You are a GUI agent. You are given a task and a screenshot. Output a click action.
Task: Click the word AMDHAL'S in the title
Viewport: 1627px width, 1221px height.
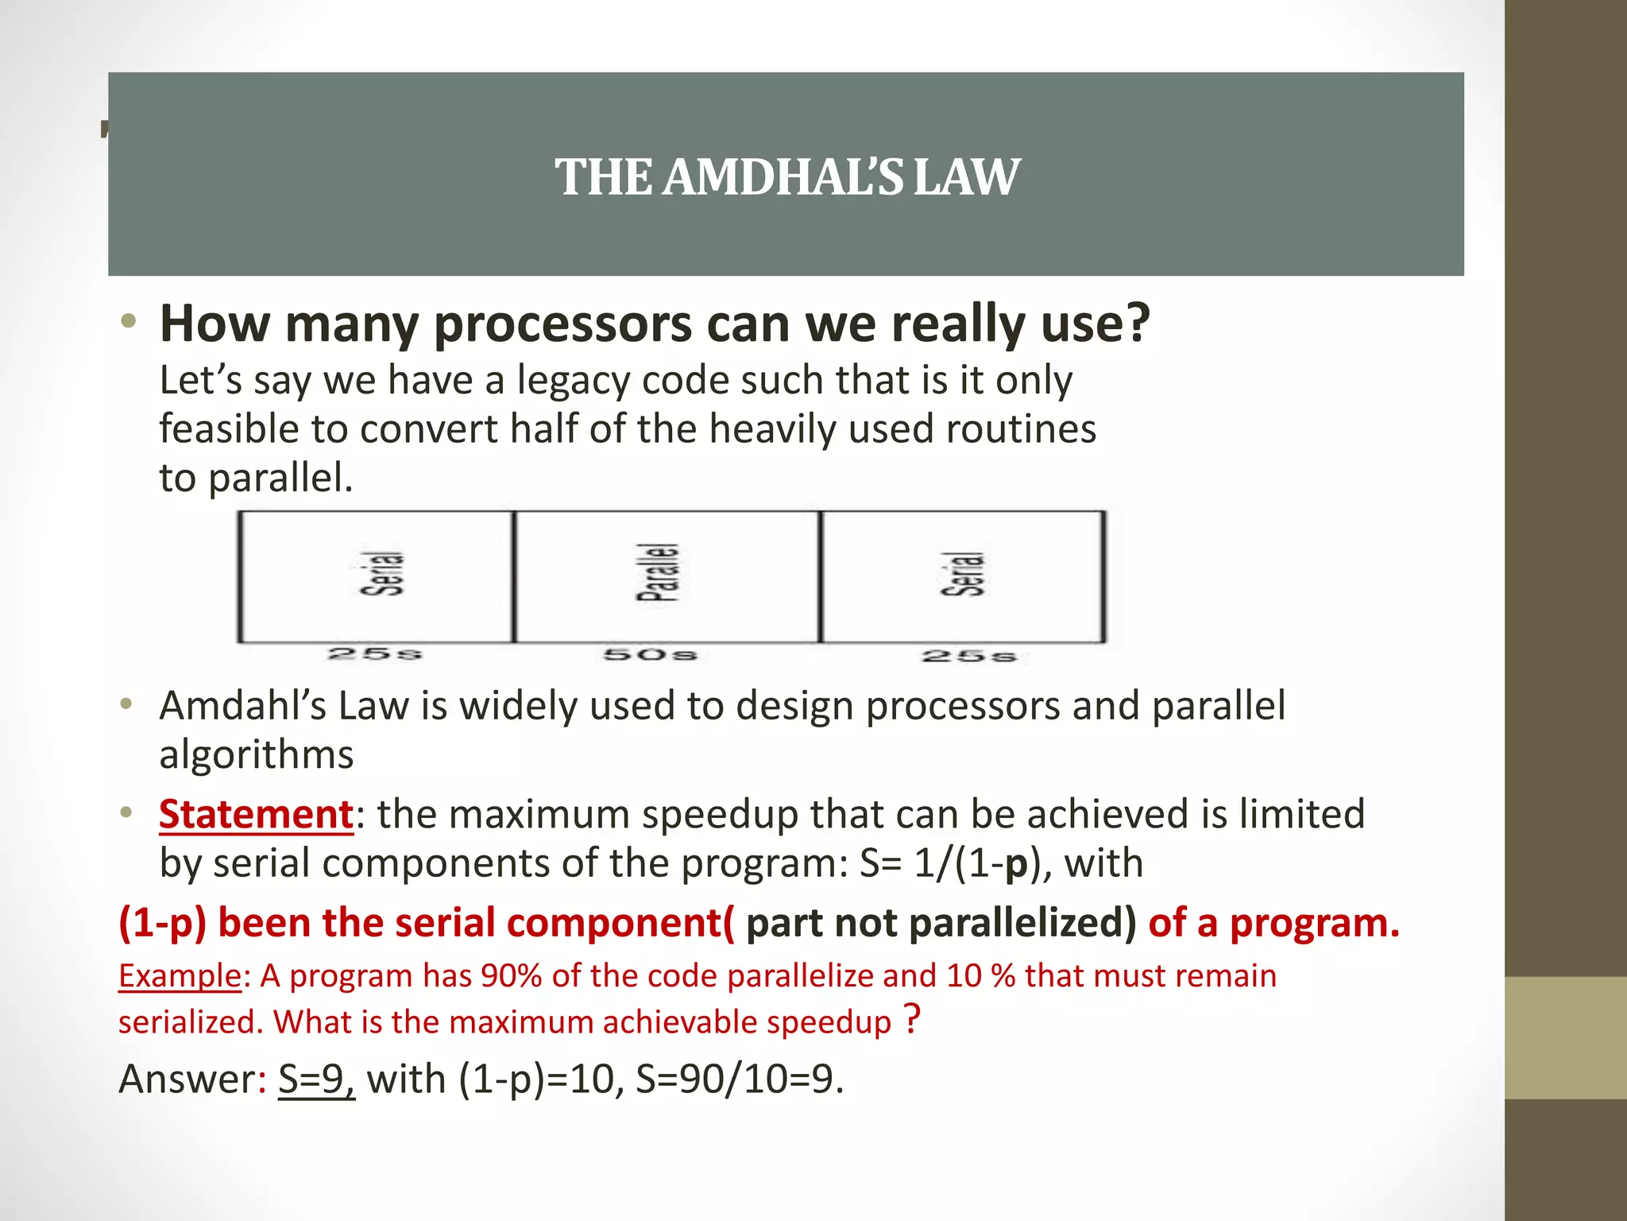[x=783, y=176]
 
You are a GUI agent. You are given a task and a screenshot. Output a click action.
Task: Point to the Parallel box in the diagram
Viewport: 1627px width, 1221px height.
[x=667, y=576]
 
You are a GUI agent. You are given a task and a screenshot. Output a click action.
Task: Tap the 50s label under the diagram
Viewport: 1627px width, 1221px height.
[x=650, y=655]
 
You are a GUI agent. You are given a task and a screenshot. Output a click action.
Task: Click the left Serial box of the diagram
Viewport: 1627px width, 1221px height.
[x=376, y=576]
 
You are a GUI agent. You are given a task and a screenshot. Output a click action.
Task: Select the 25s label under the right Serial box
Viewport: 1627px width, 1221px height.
[x=969, y=657]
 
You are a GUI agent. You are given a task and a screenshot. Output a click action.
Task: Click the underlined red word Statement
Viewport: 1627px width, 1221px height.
[x=256, y=814]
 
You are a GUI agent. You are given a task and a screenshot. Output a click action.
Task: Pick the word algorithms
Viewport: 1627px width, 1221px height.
[x=256, y=754]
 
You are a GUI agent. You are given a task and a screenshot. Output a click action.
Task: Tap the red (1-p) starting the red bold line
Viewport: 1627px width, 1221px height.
[x=162, y=923]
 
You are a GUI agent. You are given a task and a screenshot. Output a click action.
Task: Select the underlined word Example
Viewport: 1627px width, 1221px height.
[x=180, y=976]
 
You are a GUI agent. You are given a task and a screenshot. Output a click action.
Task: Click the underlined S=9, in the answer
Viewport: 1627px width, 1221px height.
[x=316, y=1080]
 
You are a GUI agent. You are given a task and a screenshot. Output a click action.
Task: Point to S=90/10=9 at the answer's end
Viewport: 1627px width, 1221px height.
[x=738, y=1080]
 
